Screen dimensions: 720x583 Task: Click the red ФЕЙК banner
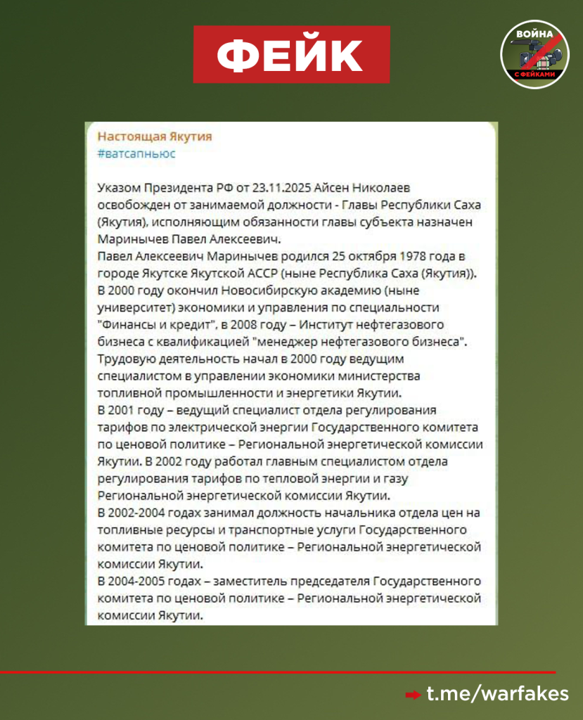point(292,54)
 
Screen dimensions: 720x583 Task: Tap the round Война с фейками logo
point(534,54)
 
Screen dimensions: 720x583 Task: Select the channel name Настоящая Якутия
point(154,136)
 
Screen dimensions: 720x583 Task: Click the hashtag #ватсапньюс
point(136,153)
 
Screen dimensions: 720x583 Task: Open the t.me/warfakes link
point(498,695)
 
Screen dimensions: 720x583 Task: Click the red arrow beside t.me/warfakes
point(413,695)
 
